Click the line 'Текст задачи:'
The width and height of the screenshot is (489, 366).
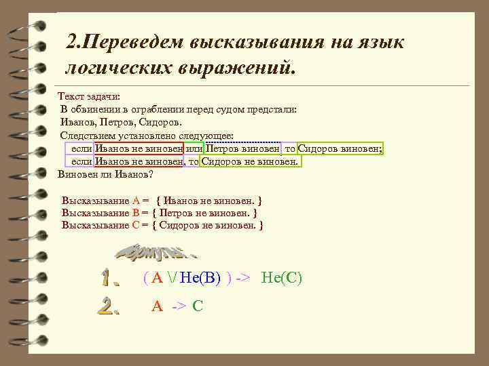[x=89, y=98]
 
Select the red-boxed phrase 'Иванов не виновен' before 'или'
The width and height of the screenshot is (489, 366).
[x=139, y=149]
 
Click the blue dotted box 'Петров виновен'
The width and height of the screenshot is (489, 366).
[x=242, y=149]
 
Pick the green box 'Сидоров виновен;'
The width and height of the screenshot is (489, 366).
[x=340, y=149]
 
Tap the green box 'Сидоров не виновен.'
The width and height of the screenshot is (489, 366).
[x=250, y=161]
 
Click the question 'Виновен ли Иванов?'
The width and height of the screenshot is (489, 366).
[x=106, y=174]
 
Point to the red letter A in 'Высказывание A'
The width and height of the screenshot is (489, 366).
[x=136, y=201]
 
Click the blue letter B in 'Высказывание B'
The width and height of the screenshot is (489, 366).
[x=136, y=213]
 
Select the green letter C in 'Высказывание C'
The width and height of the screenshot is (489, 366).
[x=136, y=225]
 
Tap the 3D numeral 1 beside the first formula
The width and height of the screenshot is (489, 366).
[x=109, y=278]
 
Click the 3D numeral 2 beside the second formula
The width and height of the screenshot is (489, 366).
[x=109, y=306]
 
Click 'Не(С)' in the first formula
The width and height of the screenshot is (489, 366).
[x=281, y=278]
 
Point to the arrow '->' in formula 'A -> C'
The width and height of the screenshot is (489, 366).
[x=179, y=306]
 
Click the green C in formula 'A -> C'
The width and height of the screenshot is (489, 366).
[x=198, y=306]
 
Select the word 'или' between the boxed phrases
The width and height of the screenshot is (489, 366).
[x=194, y=149]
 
